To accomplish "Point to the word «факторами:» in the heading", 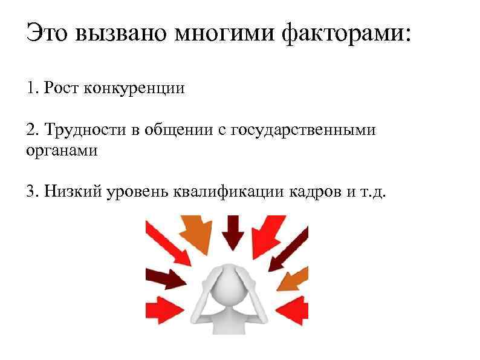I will pos(345,33).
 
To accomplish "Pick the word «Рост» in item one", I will pos(61,89).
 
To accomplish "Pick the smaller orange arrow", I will pos(294,278).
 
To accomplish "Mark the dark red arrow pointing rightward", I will pos(166,278).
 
